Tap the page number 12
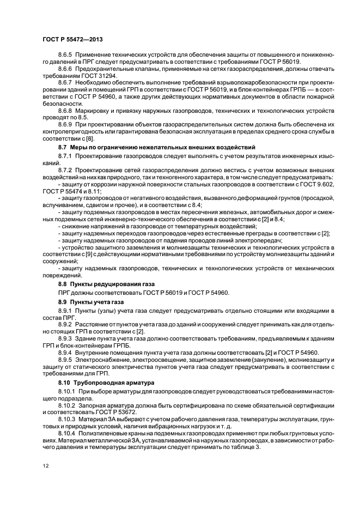pyautogui.click(x=46, y=466)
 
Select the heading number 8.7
pyautogui.click(x=63, y=148)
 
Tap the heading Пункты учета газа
pyautogui.click(x=100, y=302)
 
